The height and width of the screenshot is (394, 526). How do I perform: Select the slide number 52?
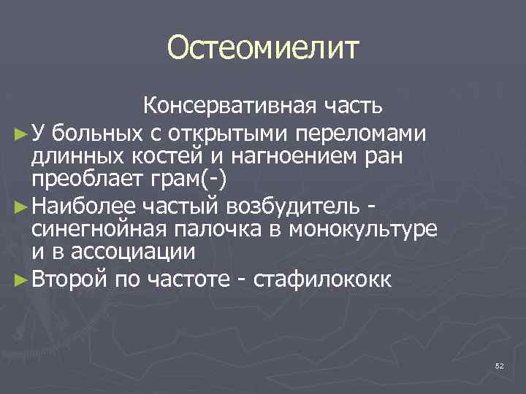tap(500, 365)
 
